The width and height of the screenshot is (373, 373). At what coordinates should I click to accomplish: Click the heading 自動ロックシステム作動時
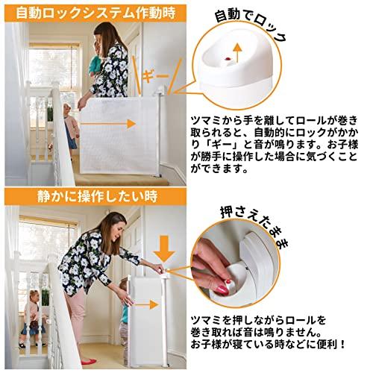click(x=95, y=13)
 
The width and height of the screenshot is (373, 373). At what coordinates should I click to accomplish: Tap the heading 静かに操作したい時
click(x=98, y=196)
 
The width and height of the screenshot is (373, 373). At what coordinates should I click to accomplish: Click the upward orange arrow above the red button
click(x=238, y=53)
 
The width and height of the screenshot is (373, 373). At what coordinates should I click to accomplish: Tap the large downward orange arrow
click(x=164, y=248)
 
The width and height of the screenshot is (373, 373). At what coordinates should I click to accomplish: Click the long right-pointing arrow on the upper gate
click(x=108, y=124)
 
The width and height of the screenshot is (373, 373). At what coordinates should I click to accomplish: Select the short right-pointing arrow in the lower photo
click(x=147, y=304)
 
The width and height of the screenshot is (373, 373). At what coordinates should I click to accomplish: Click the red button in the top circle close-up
click(x=228, y=59)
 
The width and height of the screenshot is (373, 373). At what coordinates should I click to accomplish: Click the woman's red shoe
click(x=89, y=361)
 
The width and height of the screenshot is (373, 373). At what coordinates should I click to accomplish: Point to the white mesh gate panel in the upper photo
click(x=119, y=136)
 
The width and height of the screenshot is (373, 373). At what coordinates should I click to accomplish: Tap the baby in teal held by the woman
click(x=95, y=61)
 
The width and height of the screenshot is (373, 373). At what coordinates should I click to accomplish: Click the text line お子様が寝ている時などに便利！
click(x=268, y=344)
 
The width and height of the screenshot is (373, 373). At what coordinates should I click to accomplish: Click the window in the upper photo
click(x=54, y=69)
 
